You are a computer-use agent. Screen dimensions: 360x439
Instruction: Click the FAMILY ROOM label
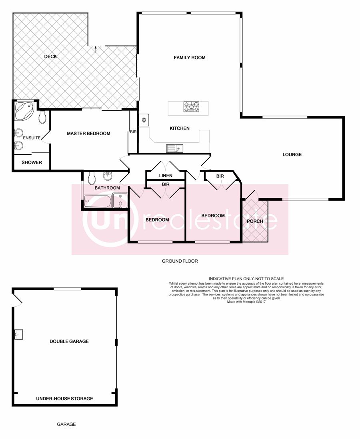189,58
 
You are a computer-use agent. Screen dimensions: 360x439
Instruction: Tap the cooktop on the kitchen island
192,107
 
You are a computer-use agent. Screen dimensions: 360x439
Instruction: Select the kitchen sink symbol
174,148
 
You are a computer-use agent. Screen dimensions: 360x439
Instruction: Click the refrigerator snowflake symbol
144,120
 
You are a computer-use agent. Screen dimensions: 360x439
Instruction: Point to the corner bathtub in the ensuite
24,111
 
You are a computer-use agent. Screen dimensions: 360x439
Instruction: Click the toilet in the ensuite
42,117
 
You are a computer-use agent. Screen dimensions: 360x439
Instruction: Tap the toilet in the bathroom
91,178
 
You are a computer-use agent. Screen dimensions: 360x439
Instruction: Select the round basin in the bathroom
108,176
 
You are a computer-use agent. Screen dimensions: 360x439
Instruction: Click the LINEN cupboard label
166,176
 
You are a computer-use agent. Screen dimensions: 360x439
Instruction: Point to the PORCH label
255,221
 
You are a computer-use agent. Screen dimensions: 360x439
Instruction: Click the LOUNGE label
292,155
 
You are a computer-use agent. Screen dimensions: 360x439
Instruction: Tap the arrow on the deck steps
96,49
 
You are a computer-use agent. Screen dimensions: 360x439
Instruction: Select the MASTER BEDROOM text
88,134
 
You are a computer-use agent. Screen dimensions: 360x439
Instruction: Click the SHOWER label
32,162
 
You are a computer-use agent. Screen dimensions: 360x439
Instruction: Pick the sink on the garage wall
18,334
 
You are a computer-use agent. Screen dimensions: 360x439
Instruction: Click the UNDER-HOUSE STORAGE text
64,399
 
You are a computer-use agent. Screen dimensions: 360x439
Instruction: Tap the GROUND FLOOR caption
180,261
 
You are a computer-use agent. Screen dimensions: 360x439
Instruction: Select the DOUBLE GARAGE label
69,341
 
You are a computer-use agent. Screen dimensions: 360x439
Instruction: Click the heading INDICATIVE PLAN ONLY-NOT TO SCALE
246,279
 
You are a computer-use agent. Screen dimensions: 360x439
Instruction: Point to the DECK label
50,56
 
